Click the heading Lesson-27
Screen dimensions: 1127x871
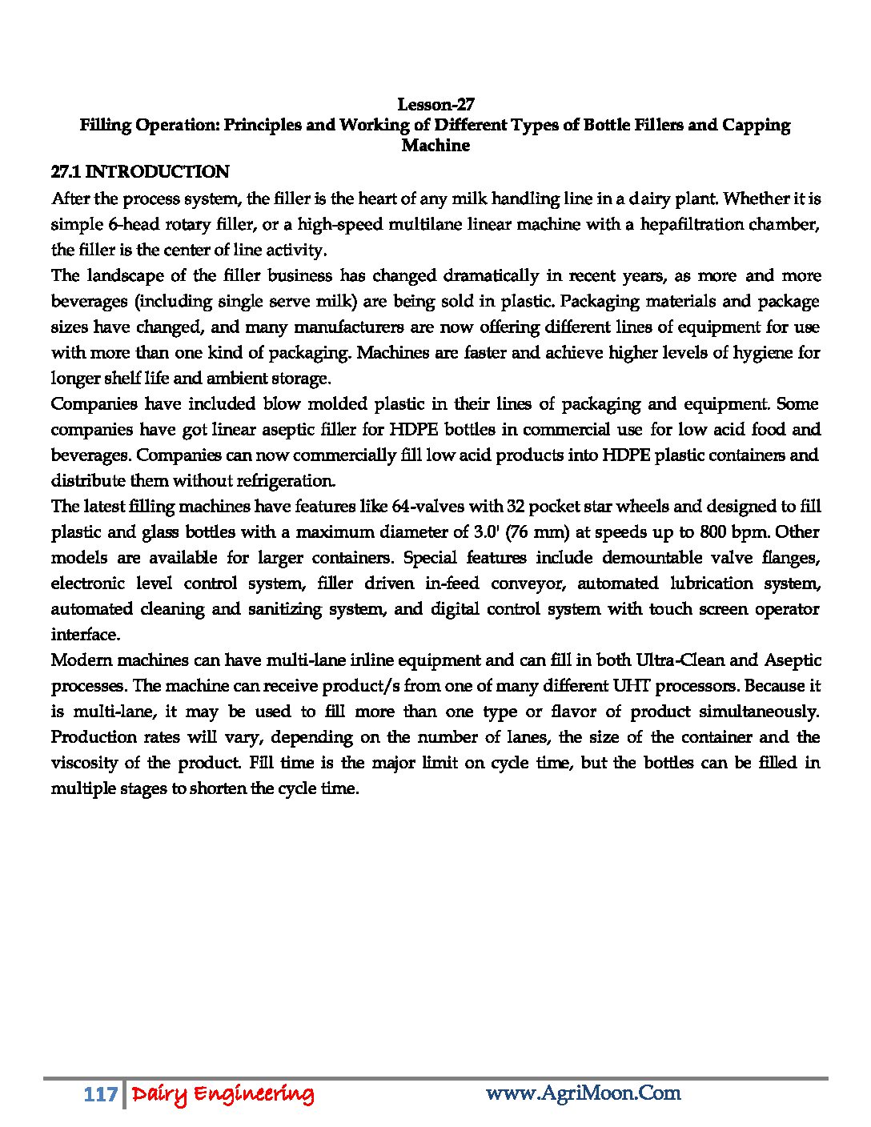click(435, 104)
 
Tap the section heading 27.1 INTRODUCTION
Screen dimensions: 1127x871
click(140, 172)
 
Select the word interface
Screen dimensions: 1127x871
click(85, 635)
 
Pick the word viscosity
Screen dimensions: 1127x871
click(87, 763)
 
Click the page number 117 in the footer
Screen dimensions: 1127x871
click(100, 1094)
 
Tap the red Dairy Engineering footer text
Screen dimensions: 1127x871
click(223, 1094)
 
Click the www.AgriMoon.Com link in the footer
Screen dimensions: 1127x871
click(583, 1093)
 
